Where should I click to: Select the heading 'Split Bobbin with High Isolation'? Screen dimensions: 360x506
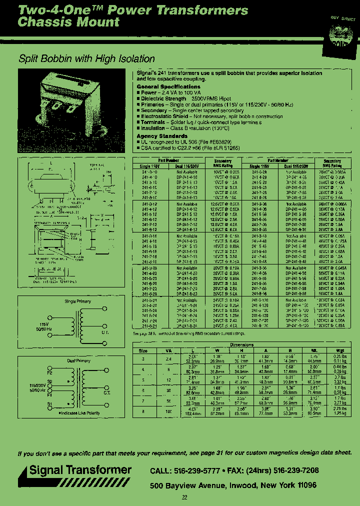(x=86, y=59)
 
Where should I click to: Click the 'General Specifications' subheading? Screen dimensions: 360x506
(x=168, y=87)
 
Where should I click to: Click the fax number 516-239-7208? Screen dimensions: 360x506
(x=292, y=471)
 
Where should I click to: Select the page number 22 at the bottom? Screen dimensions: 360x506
(x=184, y=497)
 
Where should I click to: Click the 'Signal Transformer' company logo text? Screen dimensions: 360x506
(x=80, y=470)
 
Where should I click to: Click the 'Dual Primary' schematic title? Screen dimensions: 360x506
(x=78, y=360)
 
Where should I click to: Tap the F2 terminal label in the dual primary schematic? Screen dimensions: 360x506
(x=49, y=373)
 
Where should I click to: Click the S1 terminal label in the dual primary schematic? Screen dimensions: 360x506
(x=49, y=403)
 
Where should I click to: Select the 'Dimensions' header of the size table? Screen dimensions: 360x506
(x=241, y=345)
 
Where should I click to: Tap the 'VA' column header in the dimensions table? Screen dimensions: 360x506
(x=168, y=350)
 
